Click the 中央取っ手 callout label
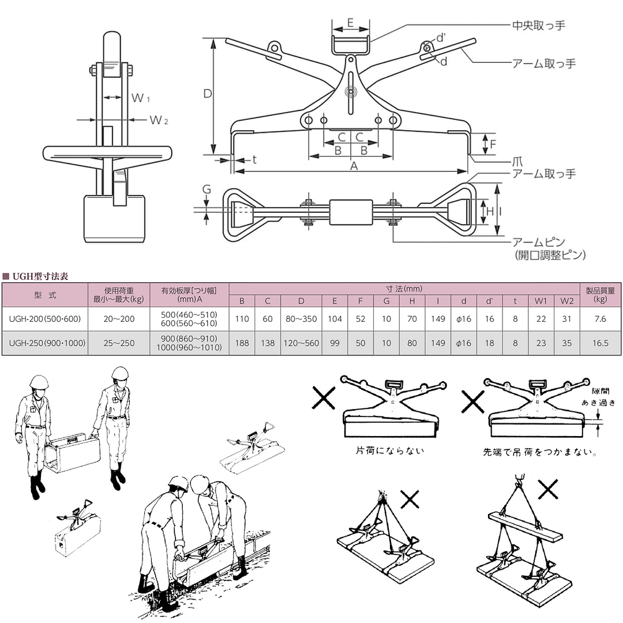click(x=538, y=26)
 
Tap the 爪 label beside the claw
click(x=517, y=162)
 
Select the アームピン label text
click(x=538, y=242)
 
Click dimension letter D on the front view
click(x=208, y=94)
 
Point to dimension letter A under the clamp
click(x=354, y=166)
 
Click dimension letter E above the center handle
click(x=351, y=22)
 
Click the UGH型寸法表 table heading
click(x=40, y=276)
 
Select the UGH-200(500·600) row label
click(x=45, y=318)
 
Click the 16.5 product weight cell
click(x=601, y=343)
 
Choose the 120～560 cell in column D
click(x=301, y=343)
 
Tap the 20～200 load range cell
click(x=119, y=318)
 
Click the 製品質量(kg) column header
click(x=601, y=294)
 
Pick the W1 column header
click(x=541, y=301)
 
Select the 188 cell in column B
click(x=242, y=343)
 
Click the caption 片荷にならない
click(x=390, y=451)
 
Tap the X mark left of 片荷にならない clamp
click(x=323, y=397)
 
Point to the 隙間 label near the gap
click(x=600, y=391)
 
